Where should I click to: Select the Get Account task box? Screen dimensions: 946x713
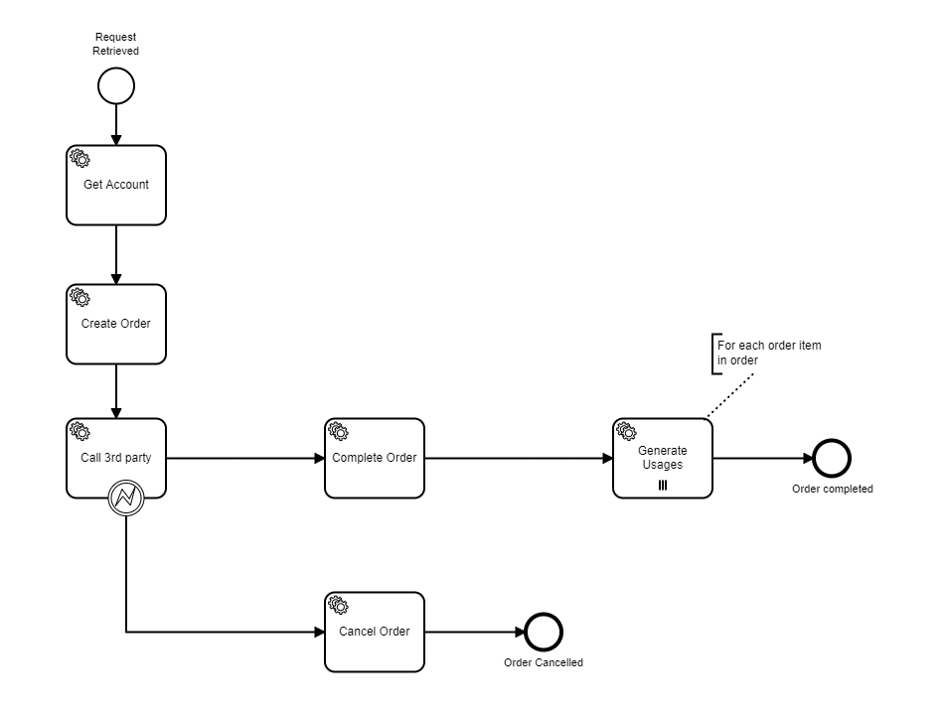pos(116,185)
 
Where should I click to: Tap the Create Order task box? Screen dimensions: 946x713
pos(116,325)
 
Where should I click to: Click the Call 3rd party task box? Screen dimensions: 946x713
pos(116,458)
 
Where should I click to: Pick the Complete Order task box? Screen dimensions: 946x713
pos(374,458)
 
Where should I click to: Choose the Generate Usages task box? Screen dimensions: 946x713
pos(663,458)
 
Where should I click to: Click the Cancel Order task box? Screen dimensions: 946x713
pos(374,632)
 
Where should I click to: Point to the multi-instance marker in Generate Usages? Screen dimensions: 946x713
pos(663,486)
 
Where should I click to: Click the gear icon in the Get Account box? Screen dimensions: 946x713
pos(79,158)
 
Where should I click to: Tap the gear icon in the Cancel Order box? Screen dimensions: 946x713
pos(338,605)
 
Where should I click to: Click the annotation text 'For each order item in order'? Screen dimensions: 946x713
pos(769,353)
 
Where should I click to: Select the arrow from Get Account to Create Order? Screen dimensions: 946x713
pos(116,255)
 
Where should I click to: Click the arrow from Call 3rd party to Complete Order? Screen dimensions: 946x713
pos(245,458)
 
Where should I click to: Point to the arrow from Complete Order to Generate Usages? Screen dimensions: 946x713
pos(519,458)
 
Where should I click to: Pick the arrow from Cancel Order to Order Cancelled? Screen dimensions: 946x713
pos(475,632)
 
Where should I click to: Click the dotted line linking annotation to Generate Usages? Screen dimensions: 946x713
pos(730,395)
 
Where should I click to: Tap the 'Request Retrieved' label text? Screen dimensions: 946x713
pos(115,44)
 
